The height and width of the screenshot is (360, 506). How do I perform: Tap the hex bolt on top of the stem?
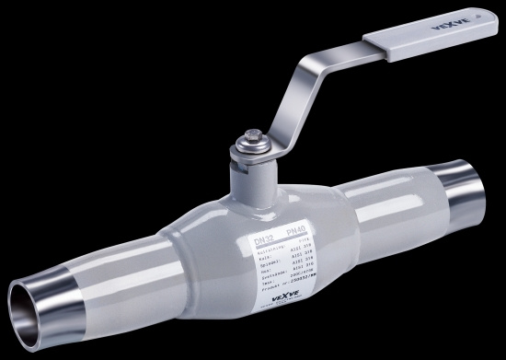point(249,144)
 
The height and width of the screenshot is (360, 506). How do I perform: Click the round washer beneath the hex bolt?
point(249,152)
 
